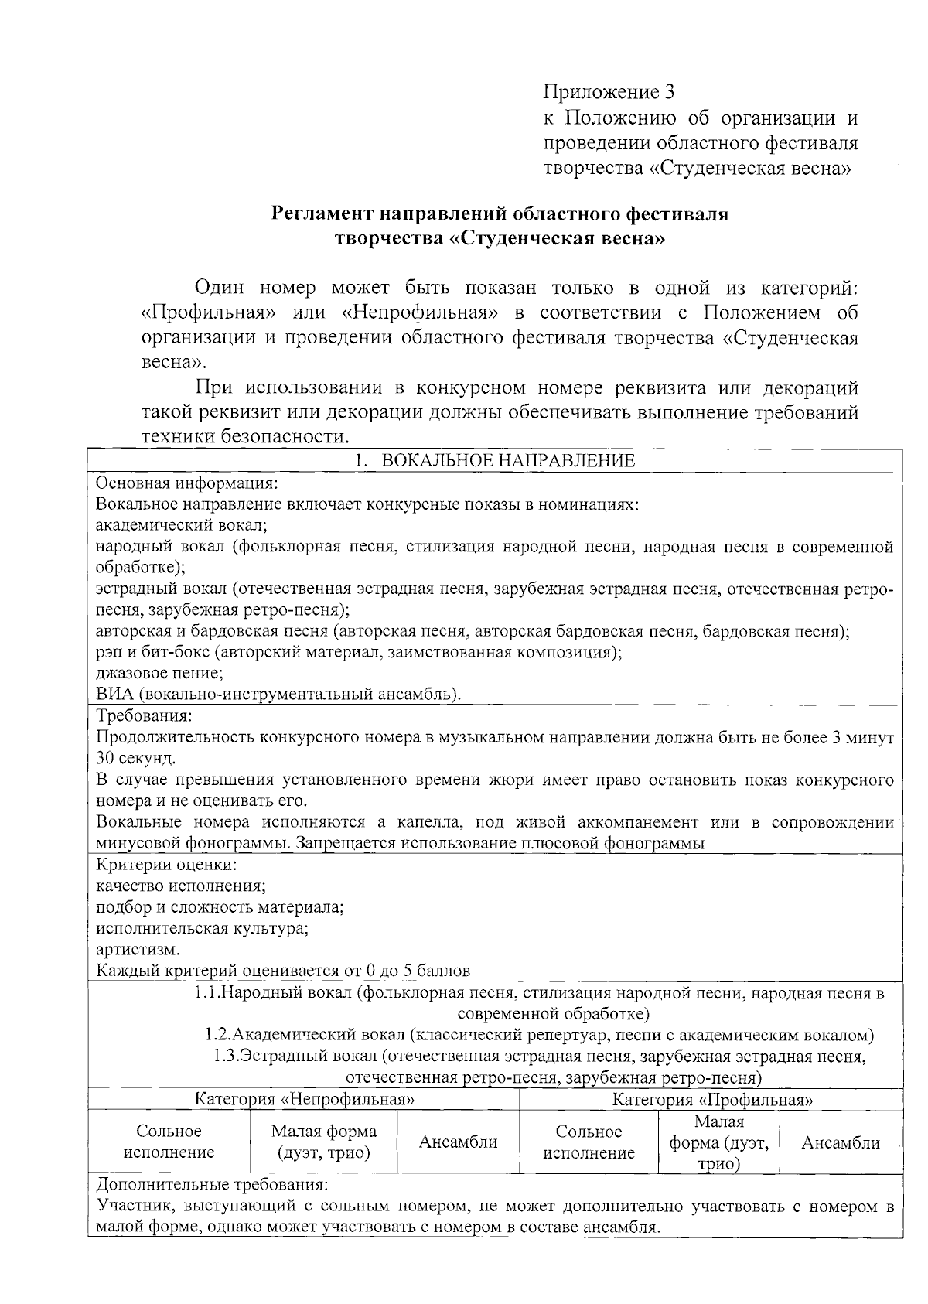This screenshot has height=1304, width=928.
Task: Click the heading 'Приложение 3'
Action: point(609,93)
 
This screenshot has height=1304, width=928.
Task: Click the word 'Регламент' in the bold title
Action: point(317,213)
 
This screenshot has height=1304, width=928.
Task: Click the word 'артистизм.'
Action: point(138,949)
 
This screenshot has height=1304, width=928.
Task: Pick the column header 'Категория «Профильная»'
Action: point(712,1100)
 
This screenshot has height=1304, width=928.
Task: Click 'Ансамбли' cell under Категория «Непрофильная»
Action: point(458,1142)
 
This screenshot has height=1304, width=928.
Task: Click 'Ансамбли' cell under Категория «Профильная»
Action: point(841,1142)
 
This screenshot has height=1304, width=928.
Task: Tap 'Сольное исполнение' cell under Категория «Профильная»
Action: point(589,1142)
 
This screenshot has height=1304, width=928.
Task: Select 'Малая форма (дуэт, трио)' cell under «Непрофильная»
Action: point(323,1142)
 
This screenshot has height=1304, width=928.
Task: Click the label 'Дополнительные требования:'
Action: point(212,1185)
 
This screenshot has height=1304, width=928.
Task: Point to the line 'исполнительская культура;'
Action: point(202,928)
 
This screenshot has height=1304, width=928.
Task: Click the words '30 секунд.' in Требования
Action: point(136,758)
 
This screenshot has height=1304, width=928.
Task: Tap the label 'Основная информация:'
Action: point(186,483)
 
